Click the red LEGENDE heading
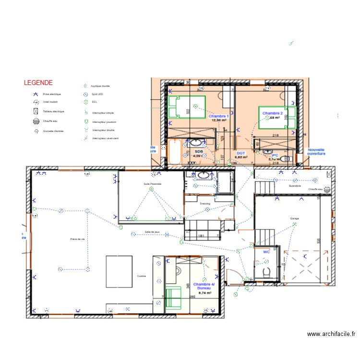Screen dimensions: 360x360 (38, 83)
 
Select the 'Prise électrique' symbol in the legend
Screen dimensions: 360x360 (36, 95)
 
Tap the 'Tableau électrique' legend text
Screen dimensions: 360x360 (53, 111)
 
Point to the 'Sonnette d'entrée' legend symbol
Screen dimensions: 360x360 (36, 131)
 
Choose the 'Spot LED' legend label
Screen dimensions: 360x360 (97, 95)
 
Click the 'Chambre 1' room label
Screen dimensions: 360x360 (218, 117)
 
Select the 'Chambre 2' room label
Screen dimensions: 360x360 (272, 113)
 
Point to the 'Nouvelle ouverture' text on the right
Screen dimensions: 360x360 (316, 151)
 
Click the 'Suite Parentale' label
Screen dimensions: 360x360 (152, 184)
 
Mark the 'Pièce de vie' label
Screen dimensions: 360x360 (77, 239)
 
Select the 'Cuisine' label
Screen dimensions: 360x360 (142, 276)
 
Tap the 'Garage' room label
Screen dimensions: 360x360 (294, 218)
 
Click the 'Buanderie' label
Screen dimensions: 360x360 (295, 186)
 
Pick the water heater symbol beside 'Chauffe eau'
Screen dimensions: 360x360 (327, 190)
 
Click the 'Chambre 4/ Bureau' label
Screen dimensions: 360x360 (204, 287)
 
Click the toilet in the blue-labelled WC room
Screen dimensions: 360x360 (266, 272)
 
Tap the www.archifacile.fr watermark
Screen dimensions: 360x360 (331, 334)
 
